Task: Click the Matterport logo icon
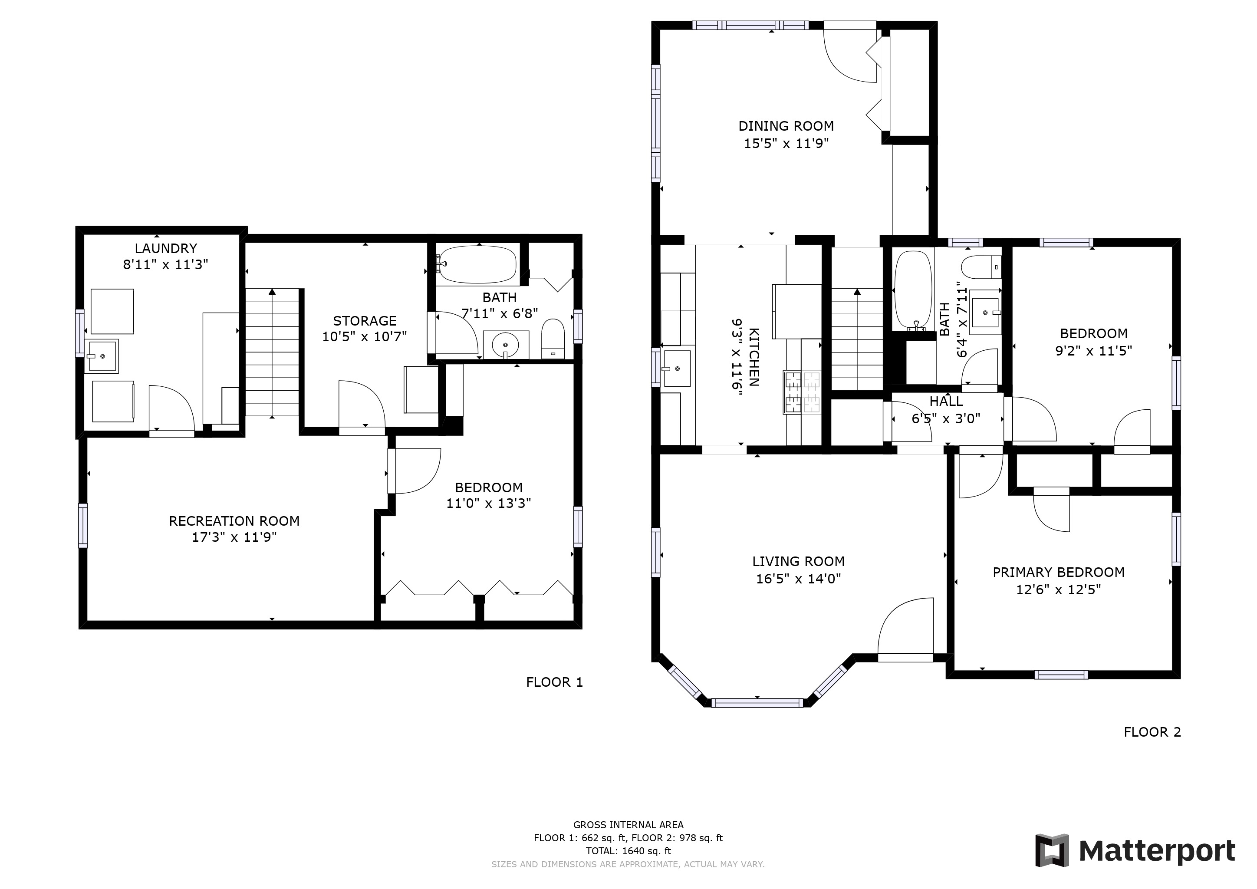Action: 1051,850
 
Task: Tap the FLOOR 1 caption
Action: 555,682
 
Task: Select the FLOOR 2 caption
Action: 1152,732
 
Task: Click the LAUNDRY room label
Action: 165,249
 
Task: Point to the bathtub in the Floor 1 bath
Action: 477,264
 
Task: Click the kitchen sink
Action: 676,369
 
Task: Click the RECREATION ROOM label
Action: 234,521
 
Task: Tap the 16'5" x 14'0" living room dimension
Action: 798,579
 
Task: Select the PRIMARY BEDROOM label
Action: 1059,572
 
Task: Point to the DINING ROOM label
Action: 786,126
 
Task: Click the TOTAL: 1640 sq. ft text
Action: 628,851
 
